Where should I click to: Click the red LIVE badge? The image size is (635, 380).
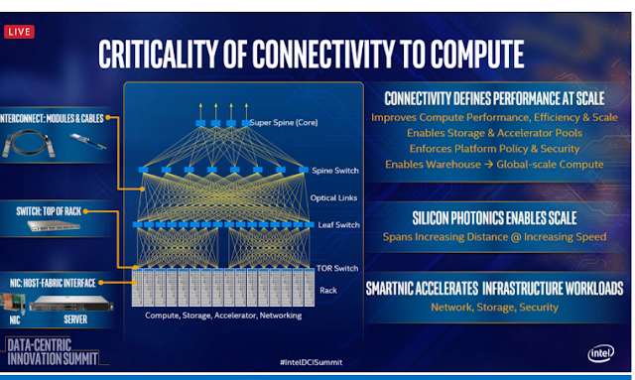19,32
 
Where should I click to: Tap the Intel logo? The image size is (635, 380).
600,353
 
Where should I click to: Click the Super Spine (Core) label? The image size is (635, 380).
284,122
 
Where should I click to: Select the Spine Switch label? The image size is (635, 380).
335,171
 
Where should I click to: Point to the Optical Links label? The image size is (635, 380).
333,197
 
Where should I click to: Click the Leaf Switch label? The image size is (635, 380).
338,225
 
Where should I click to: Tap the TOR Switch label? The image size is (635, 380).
337,268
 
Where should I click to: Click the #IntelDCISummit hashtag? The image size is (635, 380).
311,362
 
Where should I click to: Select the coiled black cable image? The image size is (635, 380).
29,143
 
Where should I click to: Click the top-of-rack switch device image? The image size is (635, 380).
54,225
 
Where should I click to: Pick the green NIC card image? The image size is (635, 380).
12,303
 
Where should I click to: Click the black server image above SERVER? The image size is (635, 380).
71,303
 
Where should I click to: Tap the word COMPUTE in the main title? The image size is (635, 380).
477,54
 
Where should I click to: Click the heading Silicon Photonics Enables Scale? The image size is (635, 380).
494,218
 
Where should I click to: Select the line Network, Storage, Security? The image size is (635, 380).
494,308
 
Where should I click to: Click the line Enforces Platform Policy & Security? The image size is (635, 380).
494,149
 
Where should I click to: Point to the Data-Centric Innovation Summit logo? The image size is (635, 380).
53,351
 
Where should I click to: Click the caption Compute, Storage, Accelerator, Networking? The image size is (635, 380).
223,316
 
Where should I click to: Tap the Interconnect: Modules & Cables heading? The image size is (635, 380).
52,118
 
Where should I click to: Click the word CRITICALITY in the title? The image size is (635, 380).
158,54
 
